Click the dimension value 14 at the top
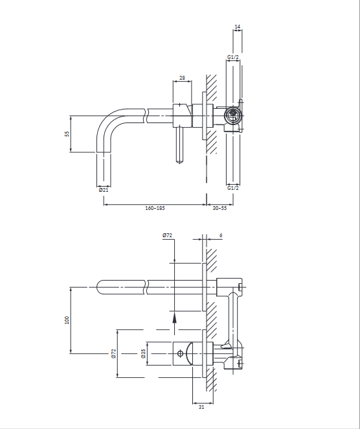pos(237,27)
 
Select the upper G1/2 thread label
pos(233,57)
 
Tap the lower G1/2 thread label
pos(233,188)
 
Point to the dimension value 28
pos(182,78)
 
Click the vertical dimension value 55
pos(67,133)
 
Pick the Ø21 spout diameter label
pos(104,190)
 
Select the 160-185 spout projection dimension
pos(155,208)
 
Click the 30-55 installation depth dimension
pos(219,208)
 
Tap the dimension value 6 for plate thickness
pos(221,235)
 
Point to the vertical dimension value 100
pos(67,320)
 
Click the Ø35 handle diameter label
pos(144,353)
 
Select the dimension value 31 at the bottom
pos(201,407)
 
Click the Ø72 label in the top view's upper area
pos(167,235)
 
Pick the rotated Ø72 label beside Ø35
pos(114,353)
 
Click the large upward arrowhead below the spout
pos(174,318)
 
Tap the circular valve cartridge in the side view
pos(233,115)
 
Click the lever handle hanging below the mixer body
pos(179,145)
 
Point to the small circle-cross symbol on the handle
pos(180,353)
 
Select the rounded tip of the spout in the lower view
pos(100,287)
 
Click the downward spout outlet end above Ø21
pos(104,170)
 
